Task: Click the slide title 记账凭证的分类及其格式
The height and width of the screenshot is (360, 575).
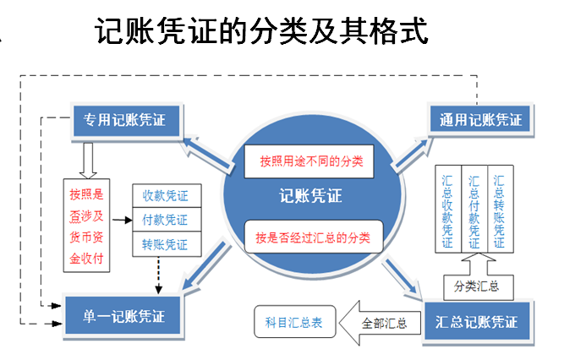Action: (262, 33)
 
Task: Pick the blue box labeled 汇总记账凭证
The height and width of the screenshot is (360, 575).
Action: (479, 322)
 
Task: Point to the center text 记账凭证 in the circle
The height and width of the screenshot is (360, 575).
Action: (313, 196)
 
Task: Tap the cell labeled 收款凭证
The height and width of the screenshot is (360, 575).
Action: (166, 196)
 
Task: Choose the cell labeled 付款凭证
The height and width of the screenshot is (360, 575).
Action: (166, 221)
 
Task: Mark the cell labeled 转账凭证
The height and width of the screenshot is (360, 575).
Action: (166, 245)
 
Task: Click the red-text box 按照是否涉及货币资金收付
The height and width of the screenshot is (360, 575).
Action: (87, 225)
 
